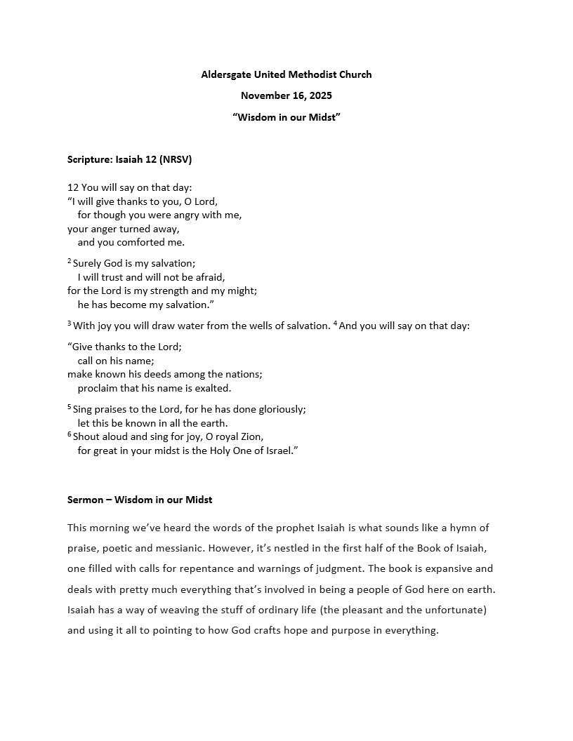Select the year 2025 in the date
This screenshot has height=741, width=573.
(x=320, y=95)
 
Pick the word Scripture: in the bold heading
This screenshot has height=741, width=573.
(x=90, y=159)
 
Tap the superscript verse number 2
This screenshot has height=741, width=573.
(x=70, y=261)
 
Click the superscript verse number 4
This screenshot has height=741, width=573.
(x=335, y=323)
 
